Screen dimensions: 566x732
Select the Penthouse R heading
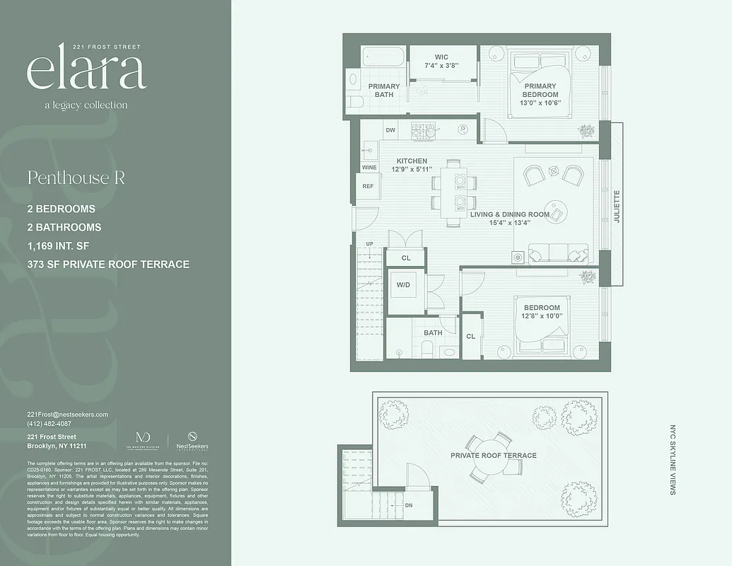pos(76,178)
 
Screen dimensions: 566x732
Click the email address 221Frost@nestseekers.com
pos(67,414)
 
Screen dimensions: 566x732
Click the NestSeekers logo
pos(192,441)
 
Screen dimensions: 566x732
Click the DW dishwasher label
pos(390,130)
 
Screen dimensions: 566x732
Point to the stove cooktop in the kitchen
pos(424,131)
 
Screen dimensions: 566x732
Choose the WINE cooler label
pos(369,168)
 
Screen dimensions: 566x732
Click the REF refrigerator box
pos(368,186)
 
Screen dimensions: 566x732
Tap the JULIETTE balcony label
pos(616,207)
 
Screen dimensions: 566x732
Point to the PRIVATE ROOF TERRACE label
pos(494,456)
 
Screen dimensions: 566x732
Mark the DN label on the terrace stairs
pos(408,506)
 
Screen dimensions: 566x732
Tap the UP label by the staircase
pos(369,244)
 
